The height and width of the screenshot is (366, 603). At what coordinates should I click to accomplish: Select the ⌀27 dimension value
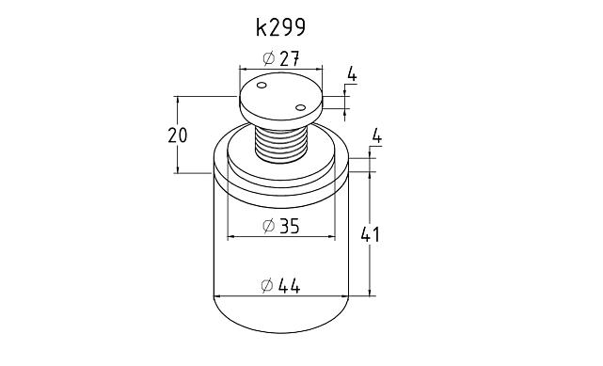point(281,58)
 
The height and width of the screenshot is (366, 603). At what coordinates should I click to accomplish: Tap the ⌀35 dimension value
point(281,226)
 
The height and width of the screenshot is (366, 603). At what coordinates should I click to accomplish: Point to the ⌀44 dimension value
point(281,286)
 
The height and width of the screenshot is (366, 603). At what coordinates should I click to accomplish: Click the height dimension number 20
point(177,135)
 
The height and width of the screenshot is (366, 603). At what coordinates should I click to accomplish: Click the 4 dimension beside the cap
point(352,73)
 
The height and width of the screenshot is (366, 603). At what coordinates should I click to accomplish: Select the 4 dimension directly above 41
point(376,137)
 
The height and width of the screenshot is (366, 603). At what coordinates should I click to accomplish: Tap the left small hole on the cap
point(262,88)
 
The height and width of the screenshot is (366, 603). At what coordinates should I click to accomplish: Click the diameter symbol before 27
point(268,58)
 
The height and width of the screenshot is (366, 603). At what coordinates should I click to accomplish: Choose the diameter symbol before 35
point(268,226)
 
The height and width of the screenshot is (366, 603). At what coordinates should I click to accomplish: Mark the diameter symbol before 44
point(268,286)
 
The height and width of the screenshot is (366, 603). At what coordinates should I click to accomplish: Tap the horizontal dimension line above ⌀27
point(280,69)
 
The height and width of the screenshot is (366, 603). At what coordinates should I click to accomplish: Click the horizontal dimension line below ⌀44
point(281,297)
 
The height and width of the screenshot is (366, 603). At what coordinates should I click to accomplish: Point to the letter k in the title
point(262,27)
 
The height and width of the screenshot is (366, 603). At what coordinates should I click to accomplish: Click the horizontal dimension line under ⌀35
point(281,236)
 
